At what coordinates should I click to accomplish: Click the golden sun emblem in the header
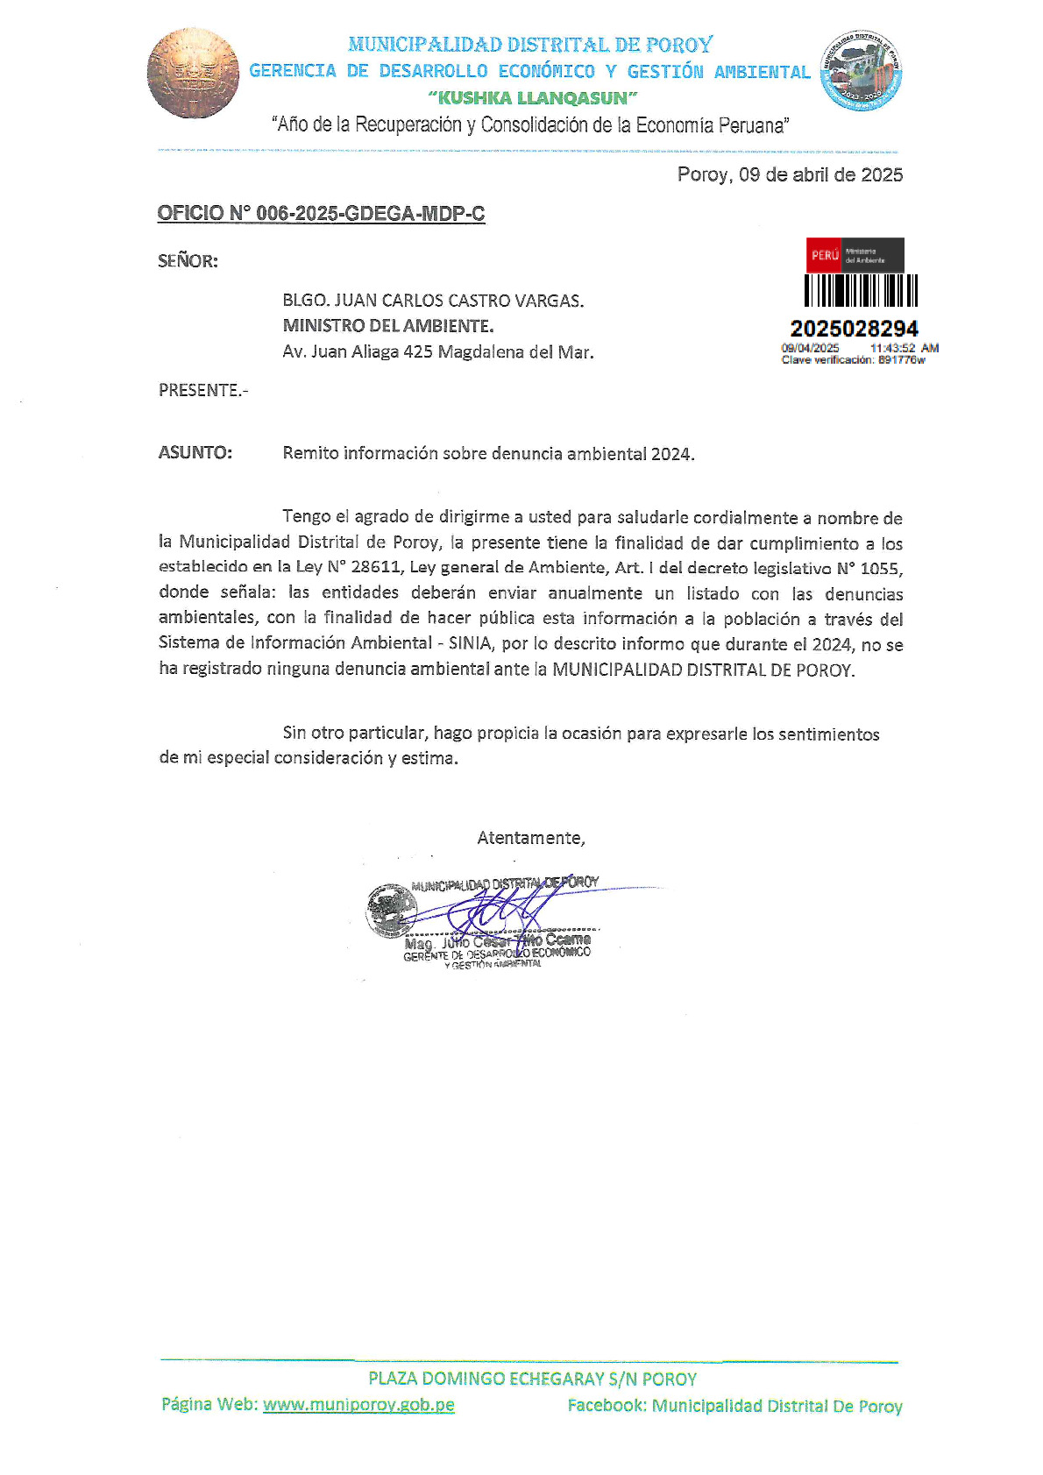pos(193,74)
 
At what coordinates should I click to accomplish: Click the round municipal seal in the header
pos(860,71)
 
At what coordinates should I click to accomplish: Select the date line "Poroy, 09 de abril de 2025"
pos(790,174)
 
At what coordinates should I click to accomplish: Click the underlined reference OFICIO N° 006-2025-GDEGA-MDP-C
pos(321,214)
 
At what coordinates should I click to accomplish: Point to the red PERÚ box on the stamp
pos(824,255)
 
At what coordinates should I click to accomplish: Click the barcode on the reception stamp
pos(861,290)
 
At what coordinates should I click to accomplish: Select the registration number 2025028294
pos(854,329)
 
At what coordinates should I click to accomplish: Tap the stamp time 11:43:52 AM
pos(904,348)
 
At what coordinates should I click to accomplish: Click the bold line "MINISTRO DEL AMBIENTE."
pos(387,326)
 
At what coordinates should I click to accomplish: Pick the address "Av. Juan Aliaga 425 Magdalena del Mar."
pos(437,352)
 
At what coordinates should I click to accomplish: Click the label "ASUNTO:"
pos(195,453)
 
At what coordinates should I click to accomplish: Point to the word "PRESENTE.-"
pos(203,390)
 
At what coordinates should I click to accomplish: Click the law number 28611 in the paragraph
pos(375,568)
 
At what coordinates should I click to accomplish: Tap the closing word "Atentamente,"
pos(531,838)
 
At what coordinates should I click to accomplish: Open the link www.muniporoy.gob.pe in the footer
pos(358,1404)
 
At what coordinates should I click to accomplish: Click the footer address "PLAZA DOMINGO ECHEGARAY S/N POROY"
pos(532,1379)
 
